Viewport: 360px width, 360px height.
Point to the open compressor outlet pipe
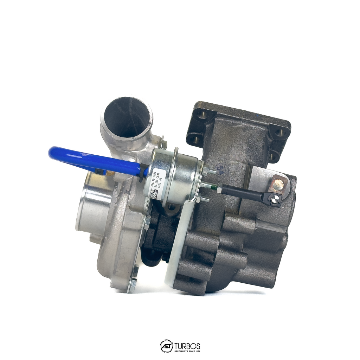127,118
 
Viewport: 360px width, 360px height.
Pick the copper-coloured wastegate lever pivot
279,184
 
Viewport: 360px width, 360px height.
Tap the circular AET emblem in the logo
166,346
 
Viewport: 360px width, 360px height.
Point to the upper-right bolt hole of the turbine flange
279,132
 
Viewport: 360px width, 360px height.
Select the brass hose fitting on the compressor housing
109,173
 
